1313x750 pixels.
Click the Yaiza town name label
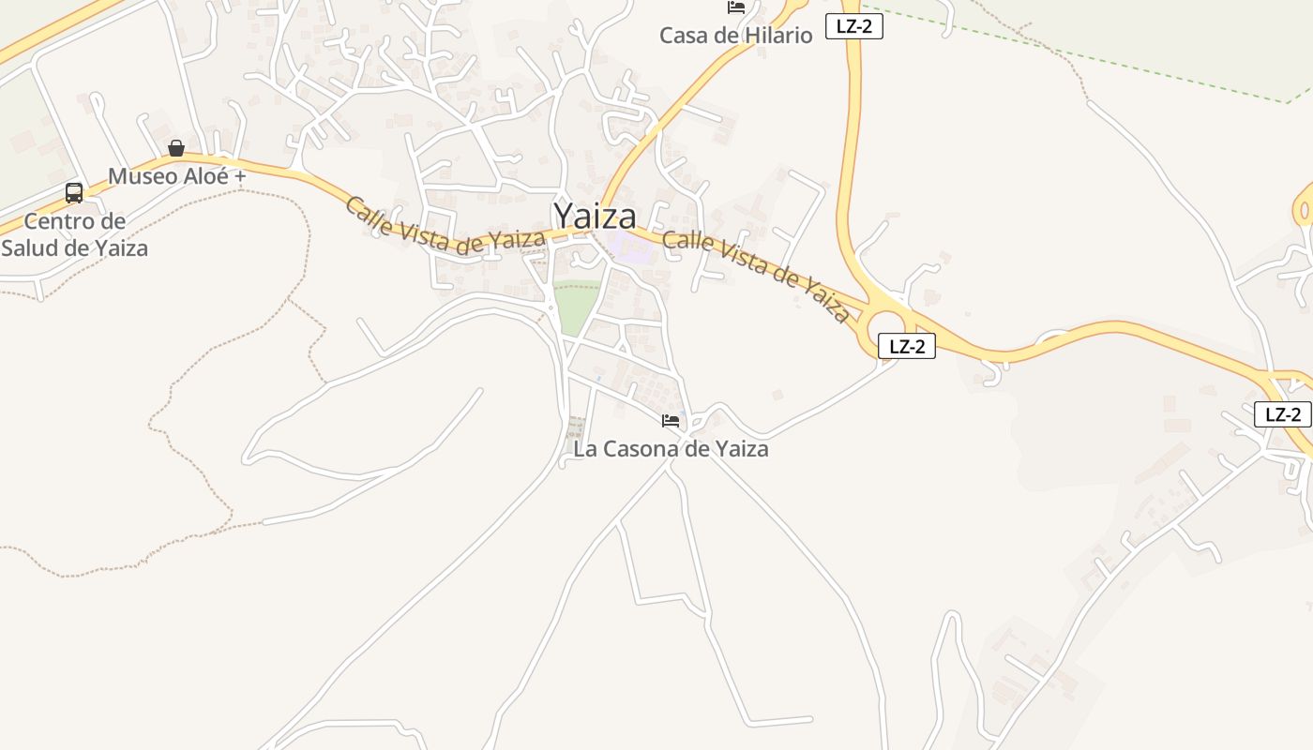coord(595,217)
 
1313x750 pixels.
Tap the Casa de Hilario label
coord(735,36)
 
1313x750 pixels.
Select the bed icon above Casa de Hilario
coord(736,7)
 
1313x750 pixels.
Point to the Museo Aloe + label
coord(177,176)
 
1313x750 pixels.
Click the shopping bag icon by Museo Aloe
coord(175,148)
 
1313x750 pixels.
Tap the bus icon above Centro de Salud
coord(74,193)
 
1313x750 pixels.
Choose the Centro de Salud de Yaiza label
coord(74,234)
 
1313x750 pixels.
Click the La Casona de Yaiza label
coord(671,449)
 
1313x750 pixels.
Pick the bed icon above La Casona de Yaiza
coord(670,420)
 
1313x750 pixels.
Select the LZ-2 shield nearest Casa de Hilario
coord(853,26)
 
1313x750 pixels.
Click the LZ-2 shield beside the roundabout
coord(907,346)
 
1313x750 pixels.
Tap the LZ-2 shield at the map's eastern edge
coord(1282,414)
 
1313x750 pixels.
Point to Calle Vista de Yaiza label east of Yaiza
coord(756,276)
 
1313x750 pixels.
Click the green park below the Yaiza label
coord(575,306)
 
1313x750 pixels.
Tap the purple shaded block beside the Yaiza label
coord(630,248)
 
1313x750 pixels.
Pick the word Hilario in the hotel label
coord(775,36)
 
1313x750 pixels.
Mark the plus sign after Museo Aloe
coord(239,176)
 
